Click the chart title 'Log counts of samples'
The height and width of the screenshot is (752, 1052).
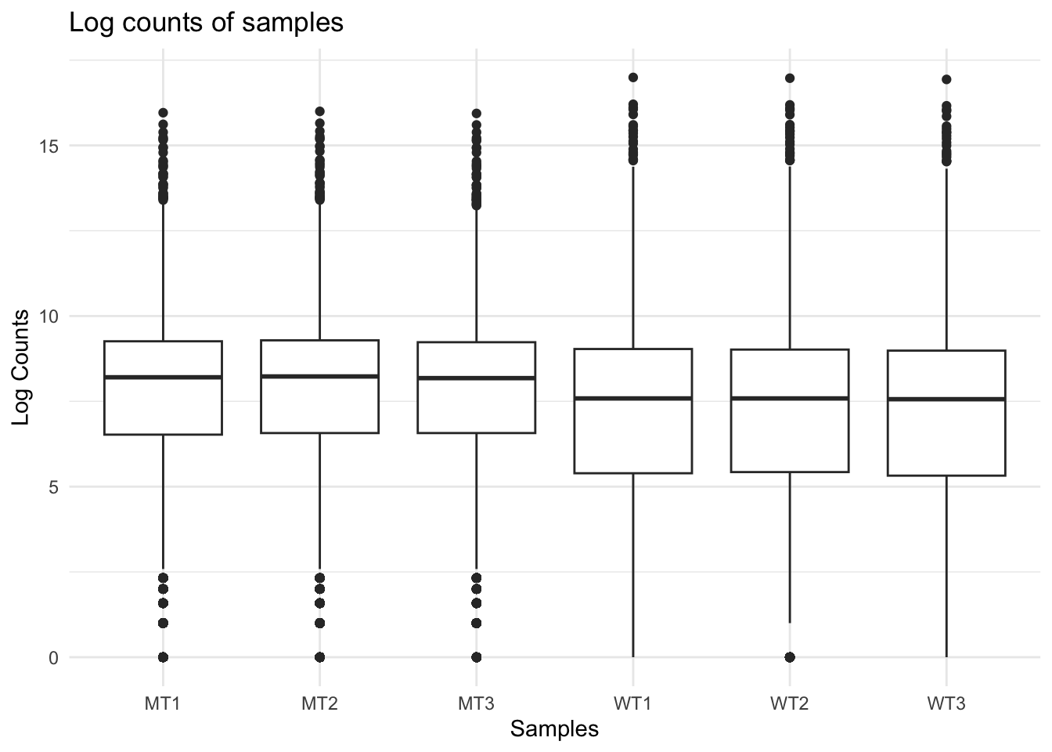point(206,23)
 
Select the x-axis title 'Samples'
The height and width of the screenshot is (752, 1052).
point(554,729)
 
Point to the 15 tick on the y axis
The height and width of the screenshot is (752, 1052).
point(53,146)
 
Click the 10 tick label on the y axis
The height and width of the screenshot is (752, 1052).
point(53,316)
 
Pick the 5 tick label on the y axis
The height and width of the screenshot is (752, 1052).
point(53,486)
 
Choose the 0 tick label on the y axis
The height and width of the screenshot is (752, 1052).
point(53,657)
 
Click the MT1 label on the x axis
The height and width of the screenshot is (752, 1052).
point(163,703)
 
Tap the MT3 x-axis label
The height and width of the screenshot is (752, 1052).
point(476,703)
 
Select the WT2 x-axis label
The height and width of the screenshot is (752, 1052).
point(789,703)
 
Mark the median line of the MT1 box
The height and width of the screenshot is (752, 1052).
point(163,377)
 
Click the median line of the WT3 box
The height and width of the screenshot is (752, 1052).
point(946,399)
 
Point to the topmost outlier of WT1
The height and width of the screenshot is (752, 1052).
point(632,78)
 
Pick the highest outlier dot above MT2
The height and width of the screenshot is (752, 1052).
point(319,112)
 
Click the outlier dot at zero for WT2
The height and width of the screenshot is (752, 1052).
point(789,656)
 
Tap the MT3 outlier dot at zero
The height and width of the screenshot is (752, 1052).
point(476,656)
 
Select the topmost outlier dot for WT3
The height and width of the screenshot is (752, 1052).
point(946,79)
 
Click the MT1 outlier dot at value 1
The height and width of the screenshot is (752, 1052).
point(163,623)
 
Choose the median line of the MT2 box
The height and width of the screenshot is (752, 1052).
point(319,376)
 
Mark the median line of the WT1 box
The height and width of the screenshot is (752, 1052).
point(632,398)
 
